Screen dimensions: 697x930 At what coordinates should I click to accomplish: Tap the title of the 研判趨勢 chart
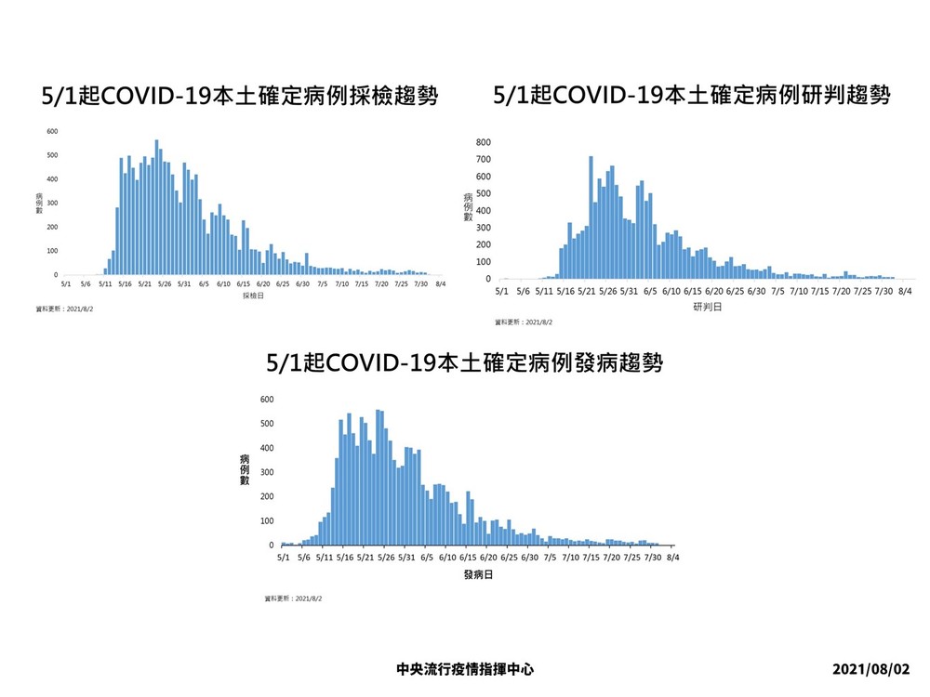(691, 96)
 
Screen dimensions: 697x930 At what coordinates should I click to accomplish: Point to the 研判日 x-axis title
(704, 307)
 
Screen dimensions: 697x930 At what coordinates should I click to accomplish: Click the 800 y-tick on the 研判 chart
(483, 142)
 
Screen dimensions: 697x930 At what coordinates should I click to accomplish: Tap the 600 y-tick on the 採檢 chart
(52, 131)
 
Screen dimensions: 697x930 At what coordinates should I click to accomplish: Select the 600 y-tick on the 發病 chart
(268, 400)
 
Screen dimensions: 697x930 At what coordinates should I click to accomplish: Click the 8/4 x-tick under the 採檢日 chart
(441, 284)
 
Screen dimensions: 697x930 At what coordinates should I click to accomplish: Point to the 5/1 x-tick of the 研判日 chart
(500, 292)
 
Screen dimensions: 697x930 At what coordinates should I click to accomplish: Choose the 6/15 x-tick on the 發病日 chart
(468, 558)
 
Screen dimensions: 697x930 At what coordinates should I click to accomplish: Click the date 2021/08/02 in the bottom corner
(872, 669)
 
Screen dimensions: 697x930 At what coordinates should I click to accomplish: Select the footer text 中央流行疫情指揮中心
(464, 669)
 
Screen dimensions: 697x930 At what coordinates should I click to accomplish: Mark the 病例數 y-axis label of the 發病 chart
(244, 469)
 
